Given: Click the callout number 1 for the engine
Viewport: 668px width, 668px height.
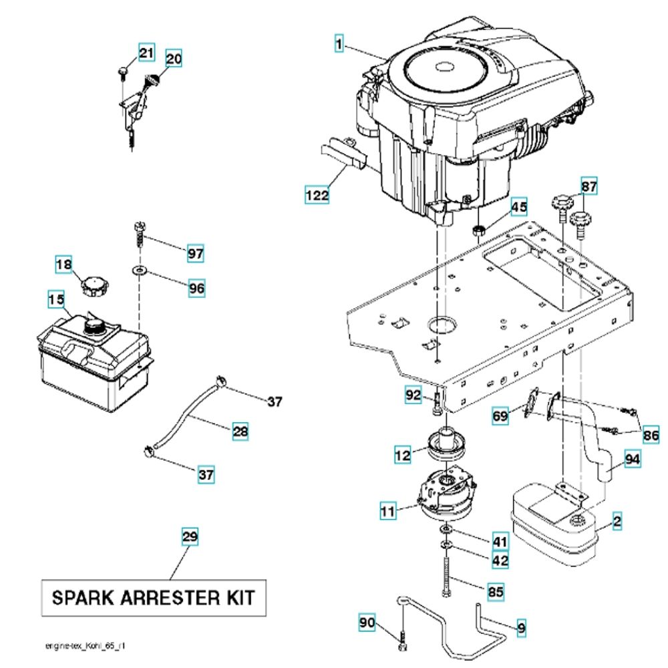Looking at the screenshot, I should pyautogui.click(x=339, y=45).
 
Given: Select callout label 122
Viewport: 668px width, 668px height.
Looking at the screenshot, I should pyautogui.click(x=317, y=195).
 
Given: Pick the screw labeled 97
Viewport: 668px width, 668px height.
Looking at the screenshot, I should pyautogui.click(x=140, y=234).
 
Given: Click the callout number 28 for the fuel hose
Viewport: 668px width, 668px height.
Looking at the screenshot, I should pyautogui.click(x=240, y=432).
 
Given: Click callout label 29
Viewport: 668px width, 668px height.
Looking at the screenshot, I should pyautogui.click(x=190, y=537).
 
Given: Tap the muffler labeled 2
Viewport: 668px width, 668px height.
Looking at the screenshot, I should pyautogui.click(x=554, y=524).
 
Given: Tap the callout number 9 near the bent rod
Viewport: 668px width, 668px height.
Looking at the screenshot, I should pyautogui.click(x=522, y=627).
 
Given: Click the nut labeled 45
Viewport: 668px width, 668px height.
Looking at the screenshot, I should pyautogui.click(x=478, y=231).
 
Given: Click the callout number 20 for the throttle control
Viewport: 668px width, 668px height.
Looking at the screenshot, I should pyautogui.click(x=173, y=58).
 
